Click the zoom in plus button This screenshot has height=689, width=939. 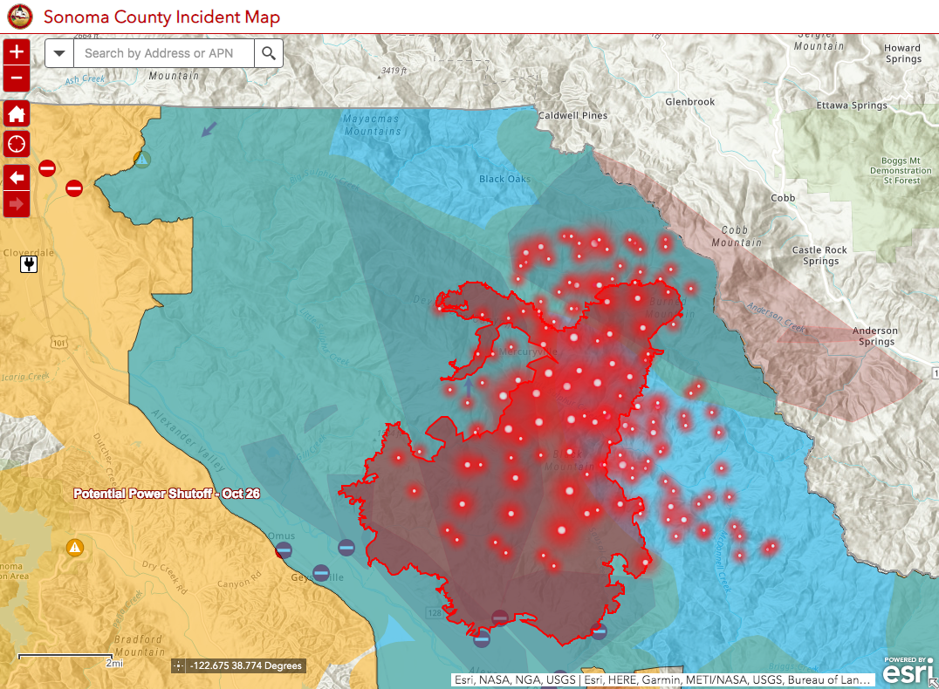point(17,52)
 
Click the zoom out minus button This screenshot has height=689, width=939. point(17,79)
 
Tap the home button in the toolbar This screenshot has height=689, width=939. point(17,113)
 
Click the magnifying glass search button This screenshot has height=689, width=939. point(269,53)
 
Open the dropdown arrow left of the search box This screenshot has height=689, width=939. point(59,53)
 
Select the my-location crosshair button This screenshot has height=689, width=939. point(17,143)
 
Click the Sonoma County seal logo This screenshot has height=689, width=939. point(19,17)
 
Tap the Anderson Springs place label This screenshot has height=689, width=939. point(874,337)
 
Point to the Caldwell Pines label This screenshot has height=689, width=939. point(572,115)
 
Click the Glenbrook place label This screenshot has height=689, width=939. point(689,102)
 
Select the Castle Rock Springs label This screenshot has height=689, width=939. point(819,256)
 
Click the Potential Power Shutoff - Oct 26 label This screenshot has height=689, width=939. point(166,494)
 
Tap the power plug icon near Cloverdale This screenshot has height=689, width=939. point(29,263)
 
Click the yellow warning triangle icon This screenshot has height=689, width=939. point(75,548)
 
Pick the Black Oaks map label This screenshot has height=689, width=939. point(504,179)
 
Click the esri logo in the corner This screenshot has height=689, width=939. point(905,672)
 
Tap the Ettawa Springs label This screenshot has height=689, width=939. point(851,106)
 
